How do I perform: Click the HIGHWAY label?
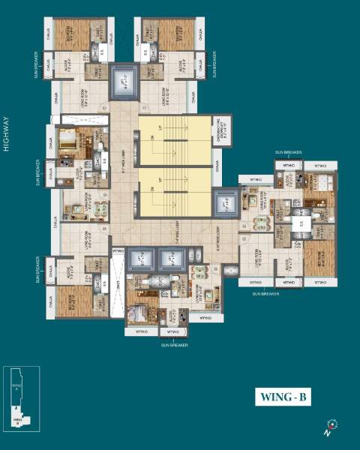(x=6, y=134)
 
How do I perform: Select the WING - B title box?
(x=284, y=398)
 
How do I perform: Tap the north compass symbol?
(x=328, y=426)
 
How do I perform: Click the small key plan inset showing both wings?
(x=22, y=399)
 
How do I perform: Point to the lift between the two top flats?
(x=124, y=82)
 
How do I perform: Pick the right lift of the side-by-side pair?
(x=173, y=259)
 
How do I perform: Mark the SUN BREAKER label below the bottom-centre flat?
(x=173, y=346)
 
